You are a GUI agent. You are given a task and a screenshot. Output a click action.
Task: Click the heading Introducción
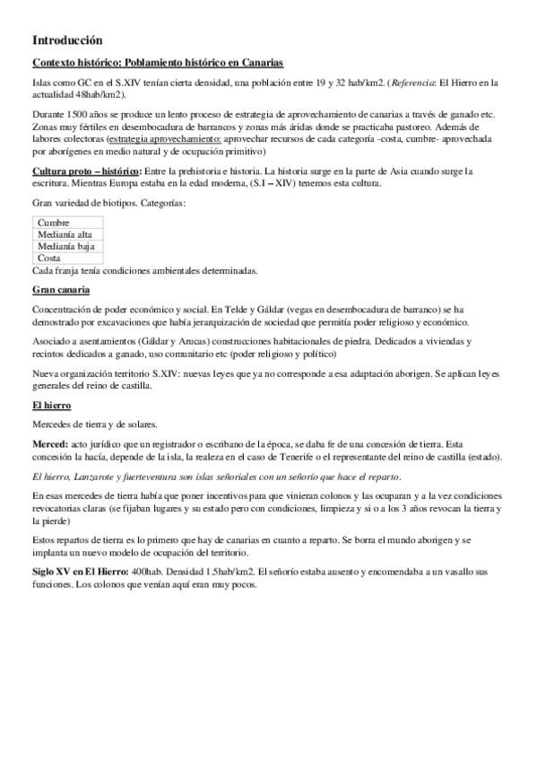point(67,40)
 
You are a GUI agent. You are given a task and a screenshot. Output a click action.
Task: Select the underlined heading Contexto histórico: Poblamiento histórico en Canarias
point(157,63)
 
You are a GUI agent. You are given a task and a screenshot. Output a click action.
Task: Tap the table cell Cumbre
point(55,223)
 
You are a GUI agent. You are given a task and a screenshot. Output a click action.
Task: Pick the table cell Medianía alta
point(65,234)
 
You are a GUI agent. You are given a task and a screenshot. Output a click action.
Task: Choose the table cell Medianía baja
point(66,246)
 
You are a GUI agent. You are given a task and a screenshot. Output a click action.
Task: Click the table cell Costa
point(49,258)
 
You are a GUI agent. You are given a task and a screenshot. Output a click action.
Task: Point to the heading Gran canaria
point(61,290)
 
